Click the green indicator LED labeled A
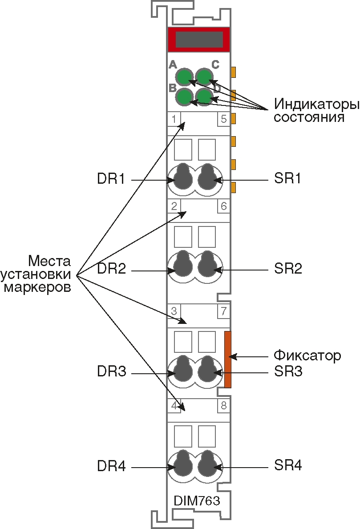[x=184, y=77]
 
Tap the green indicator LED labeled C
[x=204, y=77]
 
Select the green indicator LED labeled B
[x=184, y=96]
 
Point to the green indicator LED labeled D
[x=204, y=96]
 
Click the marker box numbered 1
[x=174, y=119]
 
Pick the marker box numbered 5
[x=223, y=119]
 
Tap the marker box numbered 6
[x=223, y=206]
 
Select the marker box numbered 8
[x=223, y=405]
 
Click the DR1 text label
[x=111, y=179]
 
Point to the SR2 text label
[x=288, y=269]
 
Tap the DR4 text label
[x=111, y=467]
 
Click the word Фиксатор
[x=307, y=356]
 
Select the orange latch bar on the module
[x=228, y=359]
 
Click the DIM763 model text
[x=197, y=501]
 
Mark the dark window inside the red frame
[x=199, y=40]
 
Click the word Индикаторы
[x=316, y=105]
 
